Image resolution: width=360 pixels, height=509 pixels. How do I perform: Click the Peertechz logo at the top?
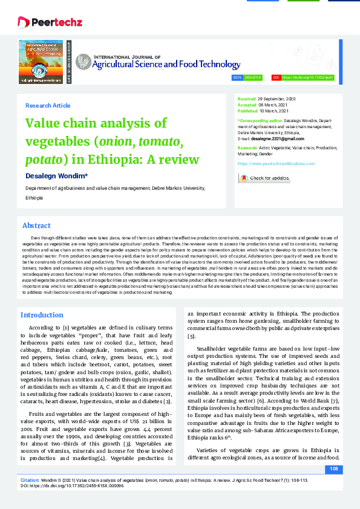pyautogui.click(x=41, y=22)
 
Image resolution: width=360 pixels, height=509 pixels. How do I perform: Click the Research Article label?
pyautogui.click(x=48, y=106)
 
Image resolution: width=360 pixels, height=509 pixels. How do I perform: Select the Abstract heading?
pyautogui.click(x=36, y=225)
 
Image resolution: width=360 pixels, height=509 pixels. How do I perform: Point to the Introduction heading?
pyautogui.click(x=42, y=315)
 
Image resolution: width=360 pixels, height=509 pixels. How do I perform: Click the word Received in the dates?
pyautogui.click(x=246, y=98)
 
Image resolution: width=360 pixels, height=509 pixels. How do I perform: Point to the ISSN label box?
pyautogui.click(x=237, y=78)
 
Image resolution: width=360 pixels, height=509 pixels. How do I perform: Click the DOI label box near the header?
pyautogui.click(x=277, y=78)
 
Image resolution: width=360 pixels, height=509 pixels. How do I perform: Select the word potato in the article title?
pyautogui.click(x=42, y=160)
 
